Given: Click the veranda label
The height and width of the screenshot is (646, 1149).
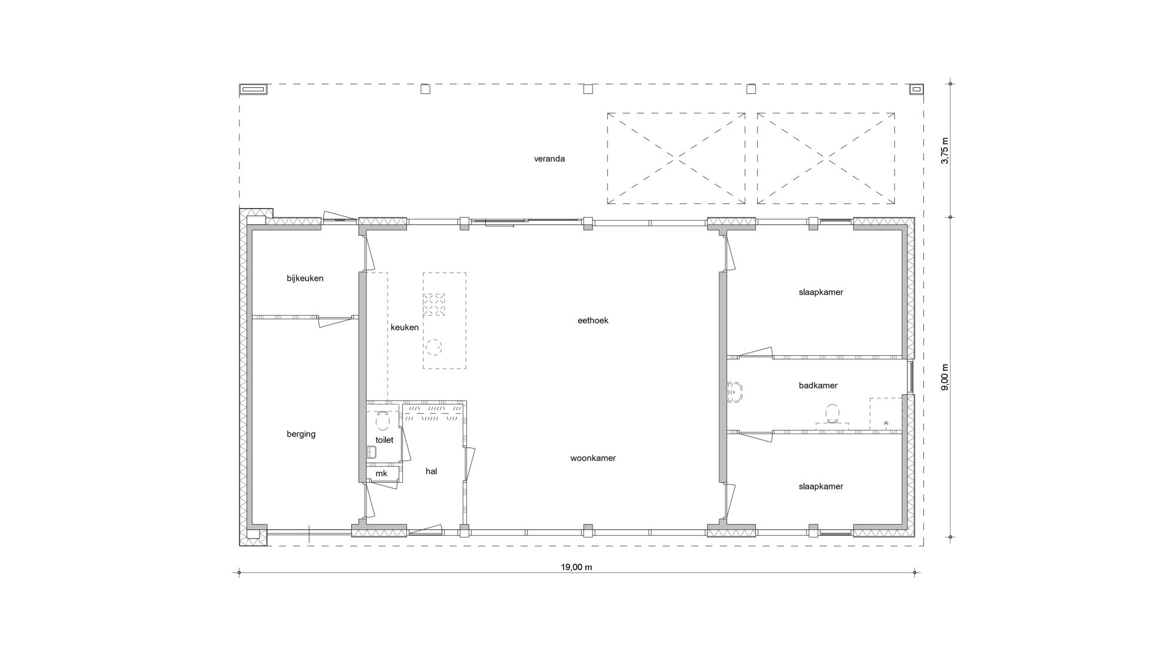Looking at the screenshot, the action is pos(549,159).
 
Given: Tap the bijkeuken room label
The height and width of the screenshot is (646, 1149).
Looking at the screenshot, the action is pos(305,279).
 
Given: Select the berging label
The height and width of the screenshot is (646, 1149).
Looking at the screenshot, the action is pos(301,434).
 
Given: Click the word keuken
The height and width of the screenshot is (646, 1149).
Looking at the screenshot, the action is pos(405,327).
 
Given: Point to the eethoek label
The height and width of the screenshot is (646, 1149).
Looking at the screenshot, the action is pos(593,321).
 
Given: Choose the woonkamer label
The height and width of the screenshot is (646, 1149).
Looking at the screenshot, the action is pos(593,458).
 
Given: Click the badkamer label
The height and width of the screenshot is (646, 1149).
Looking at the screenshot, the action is pos(818,386).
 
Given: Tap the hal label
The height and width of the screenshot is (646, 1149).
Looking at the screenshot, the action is pos(431,471).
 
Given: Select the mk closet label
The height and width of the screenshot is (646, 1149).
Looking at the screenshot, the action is pos(381,474).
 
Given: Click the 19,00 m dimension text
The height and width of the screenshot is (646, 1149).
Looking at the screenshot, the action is pos(577,567).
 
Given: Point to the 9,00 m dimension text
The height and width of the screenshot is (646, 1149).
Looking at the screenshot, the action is pos(945,377).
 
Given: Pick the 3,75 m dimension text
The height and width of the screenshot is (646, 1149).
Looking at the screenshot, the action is pos(945,151).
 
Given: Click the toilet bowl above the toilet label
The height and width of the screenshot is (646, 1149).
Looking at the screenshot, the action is pos(382,420).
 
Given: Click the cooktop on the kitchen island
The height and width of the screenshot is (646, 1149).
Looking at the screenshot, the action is pos(434,304).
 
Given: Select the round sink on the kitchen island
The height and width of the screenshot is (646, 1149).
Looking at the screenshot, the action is pos(434,347).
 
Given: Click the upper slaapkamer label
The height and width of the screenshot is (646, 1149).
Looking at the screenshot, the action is pos(821,292).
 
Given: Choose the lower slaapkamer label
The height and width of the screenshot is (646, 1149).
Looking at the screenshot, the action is pos(821,487).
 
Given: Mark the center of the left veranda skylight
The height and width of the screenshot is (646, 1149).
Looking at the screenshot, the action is pos(676,159).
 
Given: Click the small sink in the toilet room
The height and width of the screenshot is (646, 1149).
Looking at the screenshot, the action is pos(371,453).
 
